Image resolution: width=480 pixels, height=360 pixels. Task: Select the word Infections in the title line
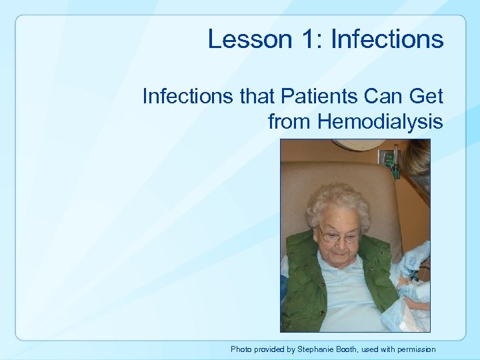tap(387, 39)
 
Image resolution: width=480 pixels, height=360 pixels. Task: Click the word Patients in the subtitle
tap(313, 97)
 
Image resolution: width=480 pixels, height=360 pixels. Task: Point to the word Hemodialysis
tap(380, 122)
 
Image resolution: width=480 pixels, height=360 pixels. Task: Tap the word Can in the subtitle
tap(383, 97)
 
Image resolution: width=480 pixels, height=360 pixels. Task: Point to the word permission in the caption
tap(415, 349)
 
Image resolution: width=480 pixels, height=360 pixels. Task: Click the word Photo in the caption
tap(242, 349)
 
